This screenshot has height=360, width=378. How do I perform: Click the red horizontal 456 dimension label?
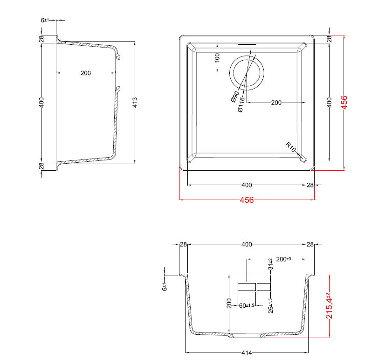pos(247,200)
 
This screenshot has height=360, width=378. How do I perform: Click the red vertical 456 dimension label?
pos(344,102)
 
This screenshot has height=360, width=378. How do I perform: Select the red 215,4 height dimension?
pos(329,306)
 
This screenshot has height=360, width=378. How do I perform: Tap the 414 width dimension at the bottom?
pos(247,353)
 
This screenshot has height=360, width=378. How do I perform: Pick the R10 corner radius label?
pos(291,147)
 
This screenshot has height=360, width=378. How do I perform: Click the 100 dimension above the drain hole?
pos(217,58)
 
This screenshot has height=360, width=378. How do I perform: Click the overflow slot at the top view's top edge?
pos(247,44)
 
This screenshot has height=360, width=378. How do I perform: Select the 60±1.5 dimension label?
pos(247,305)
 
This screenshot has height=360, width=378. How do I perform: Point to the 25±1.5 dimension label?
pos(270,305)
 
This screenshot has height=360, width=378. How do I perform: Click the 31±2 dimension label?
pos(270,265)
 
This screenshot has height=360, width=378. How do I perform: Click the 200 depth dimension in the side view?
pos(86,73)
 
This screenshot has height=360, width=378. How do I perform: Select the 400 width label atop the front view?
pos(247,244)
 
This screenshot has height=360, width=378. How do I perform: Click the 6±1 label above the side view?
pos(45,20)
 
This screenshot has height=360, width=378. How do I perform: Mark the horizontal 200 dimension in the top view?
pos(276,103)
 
